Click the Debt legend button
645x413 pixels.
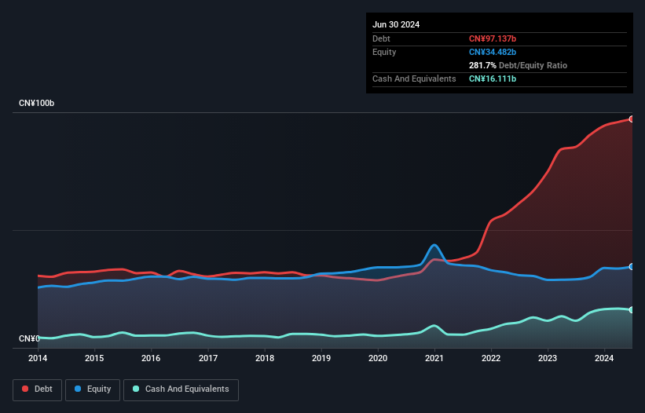[x=36, y=389]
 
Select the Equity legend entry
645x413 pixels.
[x=93, y=389]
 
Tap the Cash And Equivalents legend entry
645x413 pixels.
[x=180, y=389]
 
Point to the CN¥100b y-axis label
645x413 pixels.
[x=37, y=104]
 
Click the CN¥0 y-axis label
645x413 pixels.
[x=29, y=338]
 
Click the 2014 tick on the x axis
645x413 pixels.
[x=38, y=359]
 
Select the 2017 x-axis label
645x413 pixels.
[x=208, y=359]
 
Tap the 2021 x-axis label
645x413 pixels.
[x=434, y=359]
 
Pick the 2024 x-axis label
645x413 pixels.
[x=605, y=359]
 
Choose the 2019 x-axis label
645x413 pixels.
[x=321, y=359]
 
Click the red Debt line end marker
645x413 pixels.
[x=632, y=119]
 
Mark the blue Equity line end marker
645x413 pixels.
[x=632, y=267]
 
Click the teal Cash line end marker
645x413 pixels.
[x=632, y=310]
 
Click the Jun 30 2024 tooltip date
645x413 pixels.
[x=396, y=24]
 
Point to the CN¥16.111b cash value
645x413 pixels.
[x=493, y=79]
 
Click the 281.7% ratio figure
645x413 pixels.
[x=483, y=65]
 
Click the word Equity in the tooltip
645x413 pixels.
[x=384, y=52]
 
